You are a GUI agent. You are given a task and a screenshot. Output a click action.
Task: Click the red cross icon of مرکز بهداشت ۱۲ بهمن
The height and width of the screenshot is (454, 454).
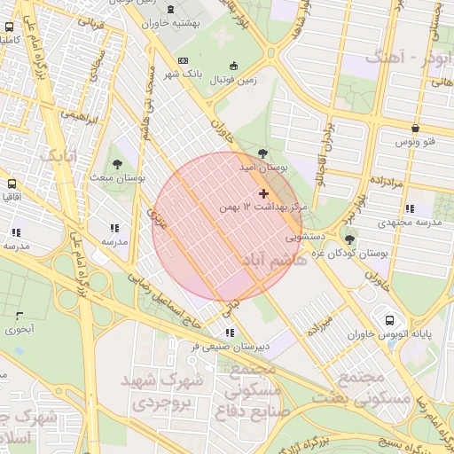[x=263, y=193]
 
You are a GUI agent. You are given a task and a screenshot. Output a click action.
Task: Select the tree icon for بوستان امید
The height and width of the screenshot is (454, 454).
[x=262, y=153]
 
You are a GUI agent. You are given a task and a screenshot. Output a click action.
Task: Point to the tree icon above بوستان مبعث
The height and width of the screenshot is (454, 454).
[x=117, y=163]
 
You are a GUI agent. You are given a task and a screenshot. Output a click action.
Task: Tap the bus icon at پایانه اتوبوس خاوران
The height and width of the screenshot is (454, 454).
[x=389, y=319]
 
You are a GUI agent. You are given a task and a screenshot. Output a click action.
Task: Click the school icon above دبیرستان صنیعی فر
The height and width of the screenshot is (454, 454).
[x=231, y=333]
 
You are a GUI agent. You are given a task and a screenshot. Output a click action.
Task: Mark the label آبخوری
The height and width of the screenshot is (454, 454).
[x=20, y=330]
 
